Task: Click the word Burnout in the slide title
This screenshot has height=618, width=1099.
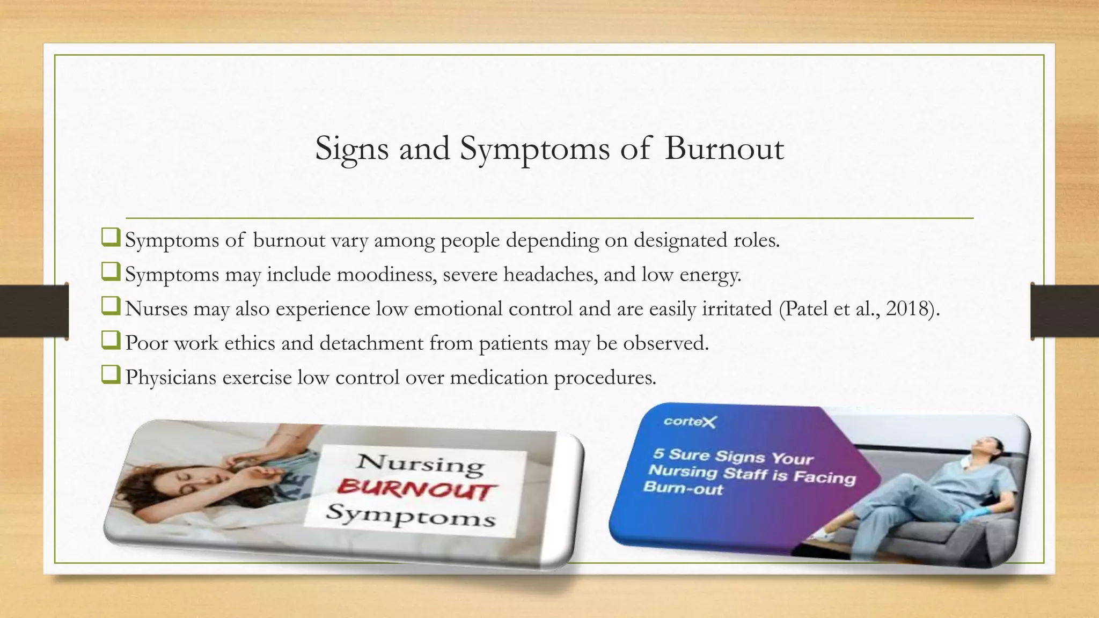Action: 724,148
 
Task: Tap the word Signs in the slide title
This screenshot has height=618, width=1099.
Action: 351,149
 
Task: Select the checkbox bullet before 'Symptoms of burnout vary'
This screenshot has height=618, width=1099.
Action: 110,238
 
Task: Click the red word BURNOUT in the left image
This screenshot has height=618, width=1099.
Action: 417,489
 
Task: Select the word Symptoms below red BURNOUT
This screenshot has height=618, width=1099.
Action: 411,516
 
